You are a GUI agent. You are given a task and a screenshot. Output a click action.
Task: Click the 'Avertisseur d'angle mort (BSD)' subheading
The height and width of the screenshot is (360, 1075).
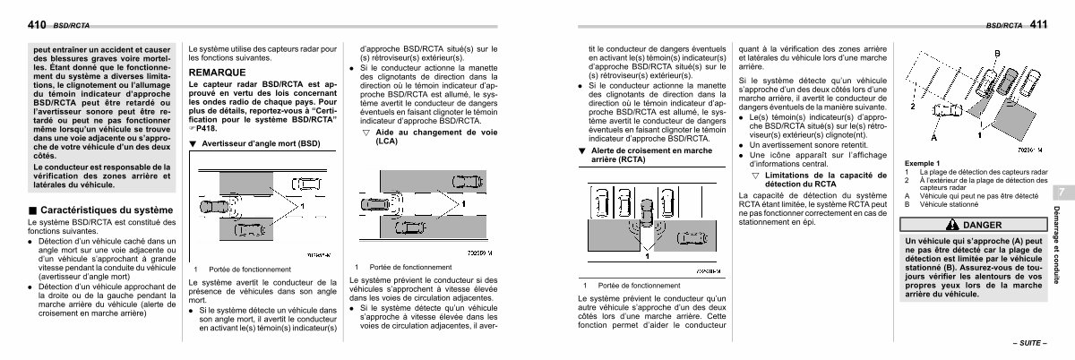[x=260, y=143]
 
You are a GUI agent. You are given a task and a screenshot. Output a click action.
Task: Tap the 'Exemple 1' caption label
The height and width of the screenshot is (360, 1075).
[x=923, y=163]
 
